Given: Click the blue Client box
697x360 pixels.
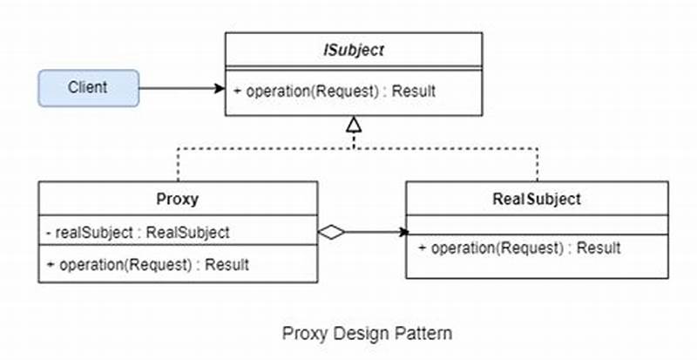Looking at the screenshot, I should (x=88, y=88).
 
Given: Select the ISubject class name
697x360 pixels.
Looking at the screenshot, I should (x=353, y=50).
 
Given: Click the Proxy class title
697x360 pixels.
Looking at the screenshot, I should (x=178, y=199).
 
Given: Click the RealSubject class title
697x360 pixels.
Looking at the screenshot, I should (x=537, y=199).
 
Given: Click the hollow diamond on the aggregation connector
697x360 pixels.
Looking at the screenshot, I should (x=331, y=232).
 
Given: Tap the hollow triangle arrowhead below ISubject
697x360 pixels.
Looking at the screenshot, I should (x=353, y=126).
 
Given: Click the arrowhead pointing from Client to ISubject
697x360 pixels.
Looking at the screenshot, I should (x=219, y=88).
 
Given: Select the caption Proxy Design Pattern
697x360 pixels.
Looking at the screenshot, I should (x=367, y=333).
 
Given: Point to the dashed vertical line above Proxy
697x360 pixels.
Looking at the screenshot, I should (x=178, y=164).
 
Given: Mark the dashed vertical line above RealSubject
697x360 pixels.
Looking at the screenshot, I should (x=538, y=164).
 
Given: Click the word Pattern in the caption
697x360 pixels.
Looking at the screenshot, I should (x=427, y=333).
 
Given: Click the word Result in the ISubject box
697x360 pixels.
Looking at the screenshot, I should (x=415, y=91).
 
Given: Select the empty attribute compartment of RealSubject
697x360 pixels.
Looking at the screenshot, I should (x=537, y=225).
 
